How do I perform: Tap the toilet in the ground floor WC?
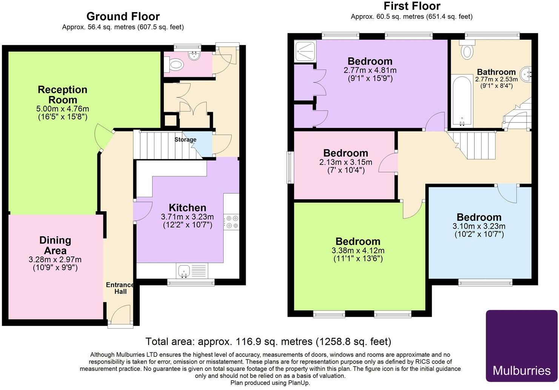[x=175, y=65]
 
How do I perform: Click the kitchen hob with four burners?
[x=231, y=222]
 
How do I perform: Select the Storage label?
[x=185, y=140]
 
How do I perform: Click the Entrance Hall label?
[x=120, y=288]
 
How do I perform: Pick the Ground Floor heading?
[x=123, y=16]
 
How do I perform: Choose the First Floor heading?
[x=412, y=6]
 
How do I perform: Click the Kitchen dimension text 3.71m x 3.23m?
[x=187, y=217]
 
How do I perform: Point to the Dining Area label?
[x=55, y=245]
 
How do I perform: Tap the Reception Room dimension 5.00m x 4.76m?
[x=63, y=109]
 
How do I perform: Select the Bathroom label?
[x=496, y=72]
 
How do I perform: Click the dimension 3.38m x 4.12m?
[x=358, y=250]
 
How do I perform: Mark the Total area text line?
[x=268, y=342]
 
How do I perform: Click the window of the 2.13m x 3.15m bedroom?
[x=290, y=168]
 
